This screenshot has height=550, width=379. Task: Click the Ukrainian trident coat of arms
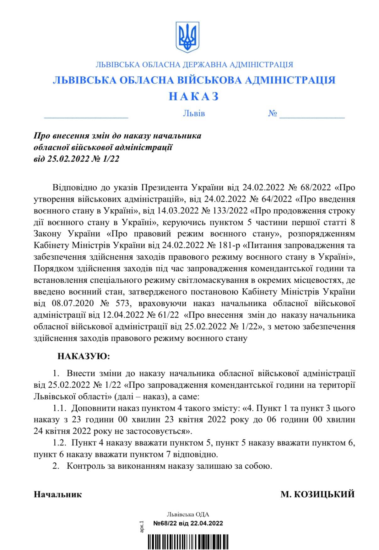point(187,37)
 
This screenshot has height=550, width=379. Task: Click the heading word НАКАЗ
point(193,96)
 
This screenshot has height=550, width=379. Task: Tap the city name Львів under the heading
point(194,113)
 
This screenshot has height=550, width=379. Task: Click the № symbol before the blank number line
point(272,113)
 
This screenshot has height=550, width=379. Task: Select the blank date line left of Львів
point(86,116)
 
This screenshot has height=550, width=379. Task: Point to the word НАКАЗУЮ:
point(84,357)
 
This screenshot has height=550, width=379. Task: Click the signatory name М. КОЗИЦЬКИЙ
point(317,494)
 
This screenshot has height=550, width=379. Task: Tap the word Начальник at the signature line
point(58,494)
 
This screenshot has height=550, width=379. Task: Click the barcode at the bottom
point(187,542)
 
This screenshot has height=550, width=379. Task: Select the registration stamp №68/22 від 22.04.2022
point(188,523)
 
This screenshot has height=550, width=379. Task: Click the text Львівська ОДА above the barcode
point(188,515)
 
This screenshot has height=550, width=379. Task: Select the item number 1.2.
point(60,443)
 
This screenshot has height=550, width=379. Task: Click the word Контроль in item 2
point(83,466)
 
